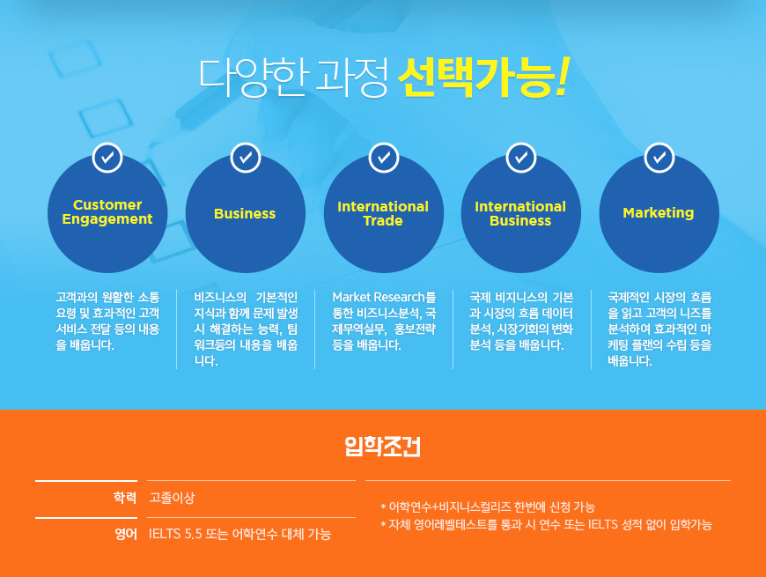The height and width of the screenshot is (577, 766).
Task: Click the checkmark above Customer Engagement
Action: pos(107,158)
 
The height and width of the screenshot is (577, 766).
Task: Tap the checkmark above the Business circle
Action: pos(246,158)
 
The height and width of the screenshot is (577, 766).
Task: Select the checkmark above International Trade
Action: pos(384,158)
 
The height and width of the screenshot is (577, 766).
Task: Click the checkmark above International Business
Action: pos(521,158)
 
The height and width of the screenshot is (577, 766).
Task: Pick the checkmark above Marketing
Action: pos(659,158)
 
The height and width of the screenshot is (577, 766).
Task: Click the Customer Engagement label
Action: pos(107,212)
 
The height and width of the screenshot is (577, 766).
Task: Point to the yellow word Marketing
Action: pos(659,213)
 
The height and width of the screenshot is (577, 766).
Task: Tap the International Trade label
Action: pos(383,213)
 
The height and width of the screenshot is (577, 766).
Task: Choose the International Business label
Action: pos(520,213)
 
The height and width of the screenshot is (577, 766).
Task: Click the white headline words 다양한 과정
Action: pos(293,78)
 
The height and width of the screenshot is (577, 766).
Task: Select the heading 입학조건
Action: pos(382,446)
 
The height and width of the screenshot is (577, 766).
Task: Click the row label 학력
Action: pos(125,498)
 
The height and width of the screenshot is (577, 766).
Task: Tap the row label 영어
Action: pos(126,534)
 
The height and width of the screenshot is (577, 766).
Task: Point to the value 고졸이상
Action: pos(172,498)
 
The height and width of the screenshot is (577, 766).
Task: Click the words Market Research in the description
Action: pos(379,297)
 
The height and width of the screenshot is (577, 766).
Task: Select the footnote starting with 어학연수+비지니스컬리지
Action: pos(488,507)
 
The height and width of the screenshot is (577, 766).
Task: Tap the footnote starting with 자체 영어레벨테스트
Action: pos(546,525)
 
